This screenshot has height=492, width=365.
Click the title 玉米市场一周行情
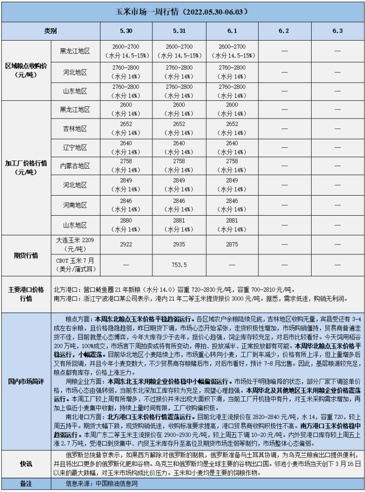[183, 11]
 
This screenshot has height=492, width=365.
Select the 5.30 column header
[126, 31]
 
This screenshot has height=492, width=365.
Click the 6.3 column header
[338, 31]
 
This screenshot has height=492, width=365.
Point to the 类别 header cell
[51, 31]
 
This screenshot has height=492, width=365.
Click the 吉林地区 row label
[75, 129]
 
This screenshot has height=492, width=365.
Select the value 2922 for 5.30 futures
[126, 244]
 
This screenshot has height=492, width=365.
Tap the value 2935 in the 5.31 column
[179, 244]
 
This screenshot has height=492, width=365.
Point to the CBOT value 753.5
[179, 265]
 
